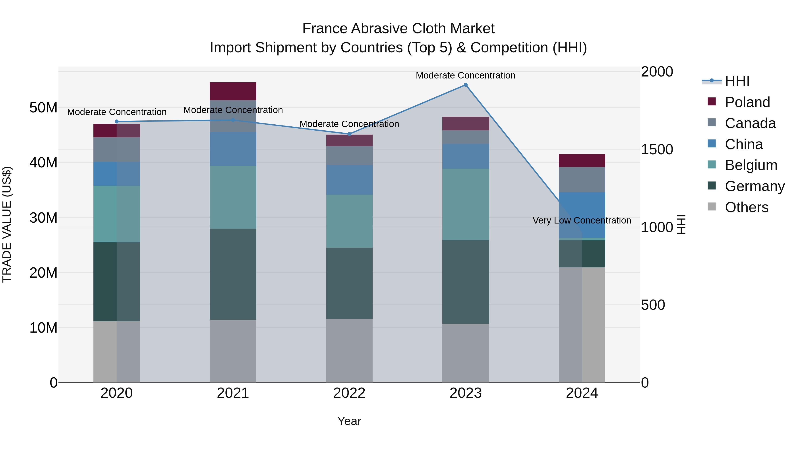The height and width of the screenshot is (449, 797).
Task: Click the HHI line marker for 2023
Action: pos(465,85)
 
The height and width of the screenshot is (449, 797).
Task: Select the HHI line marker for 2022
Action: pos(349,134)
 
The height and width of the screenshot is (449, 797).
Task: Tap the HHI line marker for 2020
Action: pos(117,122)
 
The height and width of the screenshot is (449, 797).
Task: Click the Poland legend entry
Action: pos(747,102)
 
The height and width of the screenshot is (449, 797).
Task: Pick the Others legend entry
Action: pos(746,207)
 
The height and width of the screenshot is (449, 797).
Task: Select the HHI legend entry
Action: pos(737,81)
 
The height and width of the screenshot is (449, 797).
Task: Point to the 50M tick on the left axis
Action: pos(43,108)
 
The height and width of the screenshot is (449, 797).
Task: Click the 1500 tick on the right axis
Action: pos(657,149)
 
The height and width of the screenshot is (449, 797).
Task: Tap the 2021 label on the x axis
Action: pos(233,393)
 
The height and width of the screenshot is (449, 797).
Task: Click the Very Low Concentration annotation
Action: pos(582,220)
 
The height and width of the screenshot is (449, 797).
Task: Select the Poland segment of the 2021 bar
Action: pos(233,91)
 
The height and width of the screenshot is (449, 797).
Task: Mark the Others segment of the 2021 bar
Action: pos(233,351)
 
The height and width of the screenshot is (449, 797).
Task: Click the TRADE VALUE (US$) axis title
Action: pos(7,224)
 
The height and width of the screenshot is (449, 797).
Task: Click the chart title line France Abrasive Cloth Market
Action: pos(398,29)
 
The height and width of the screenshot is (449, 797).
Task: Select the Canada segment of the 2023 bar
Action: pos(465,137)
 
